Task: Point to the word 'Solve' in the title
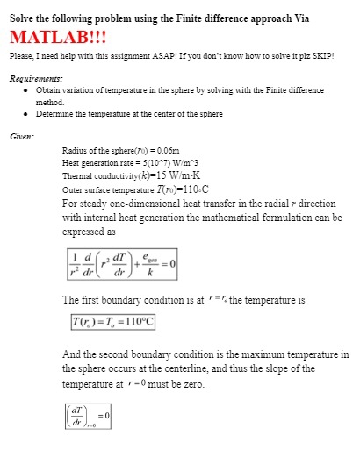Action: pos(23,17)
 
